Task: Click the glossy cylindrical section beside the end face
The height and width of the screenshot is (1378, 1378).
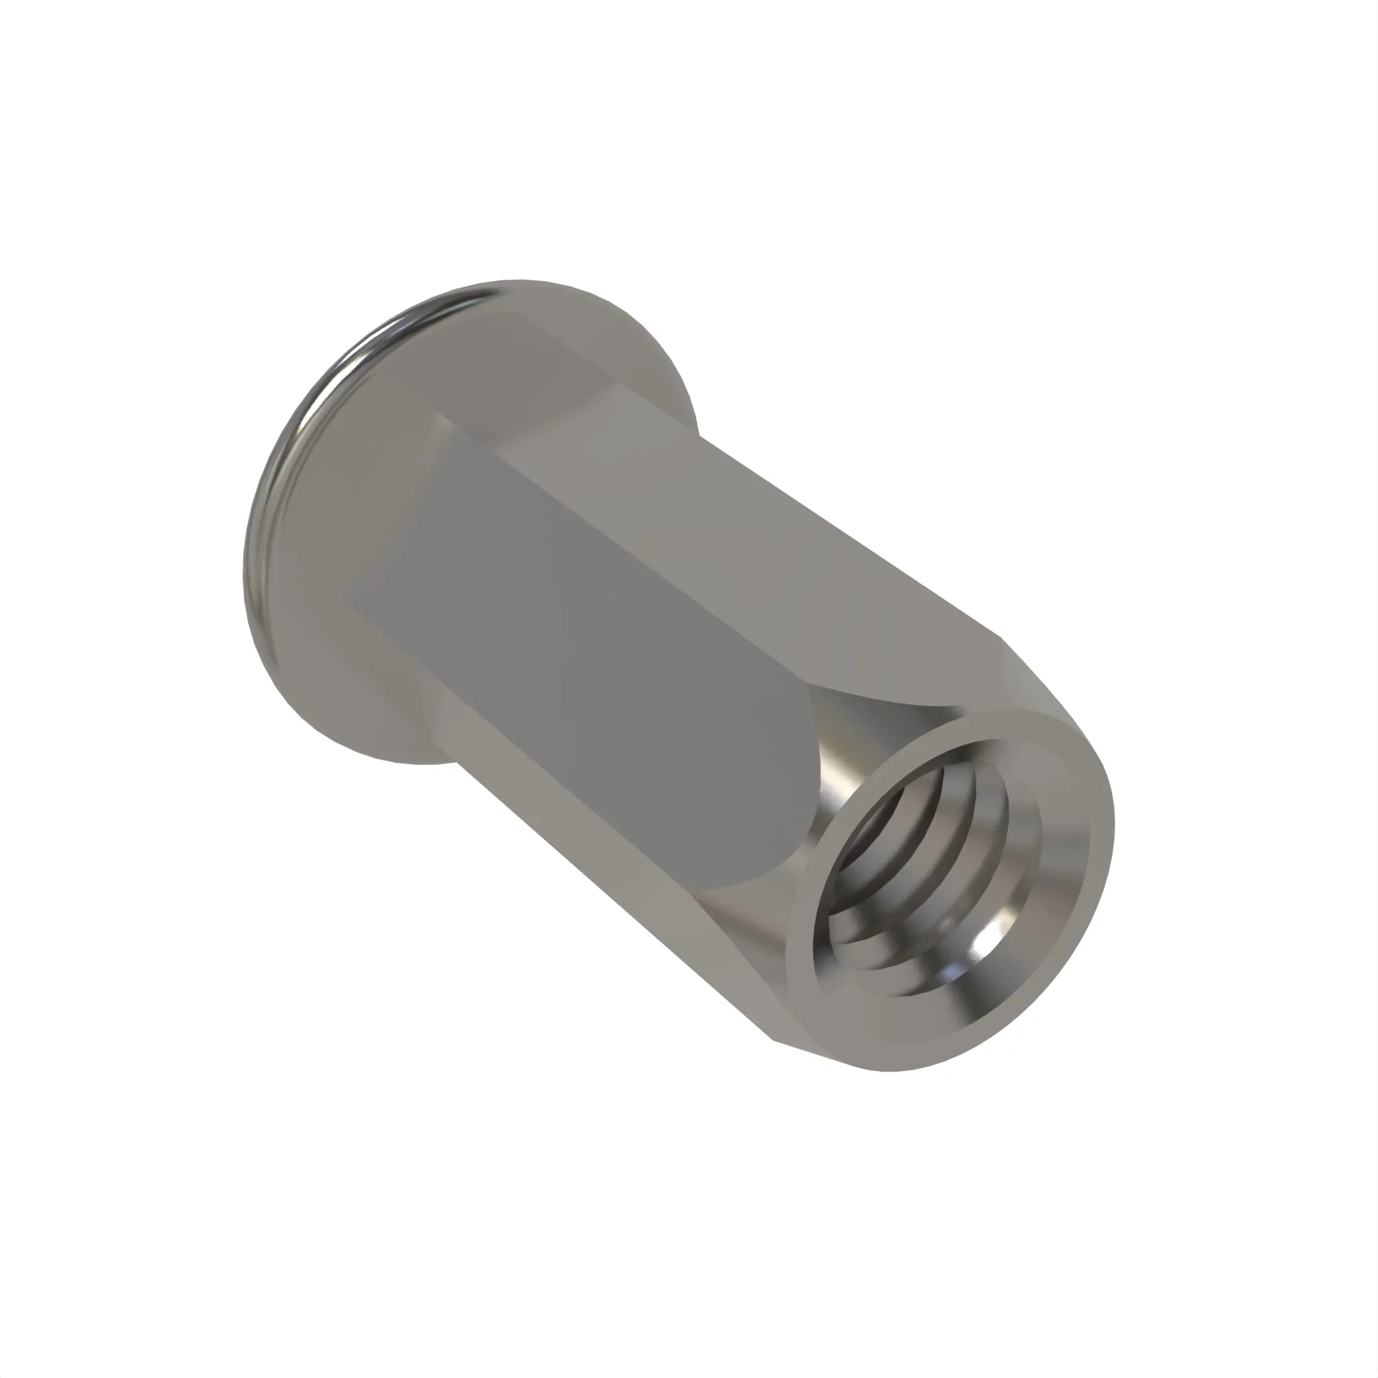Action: [849, 749]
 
